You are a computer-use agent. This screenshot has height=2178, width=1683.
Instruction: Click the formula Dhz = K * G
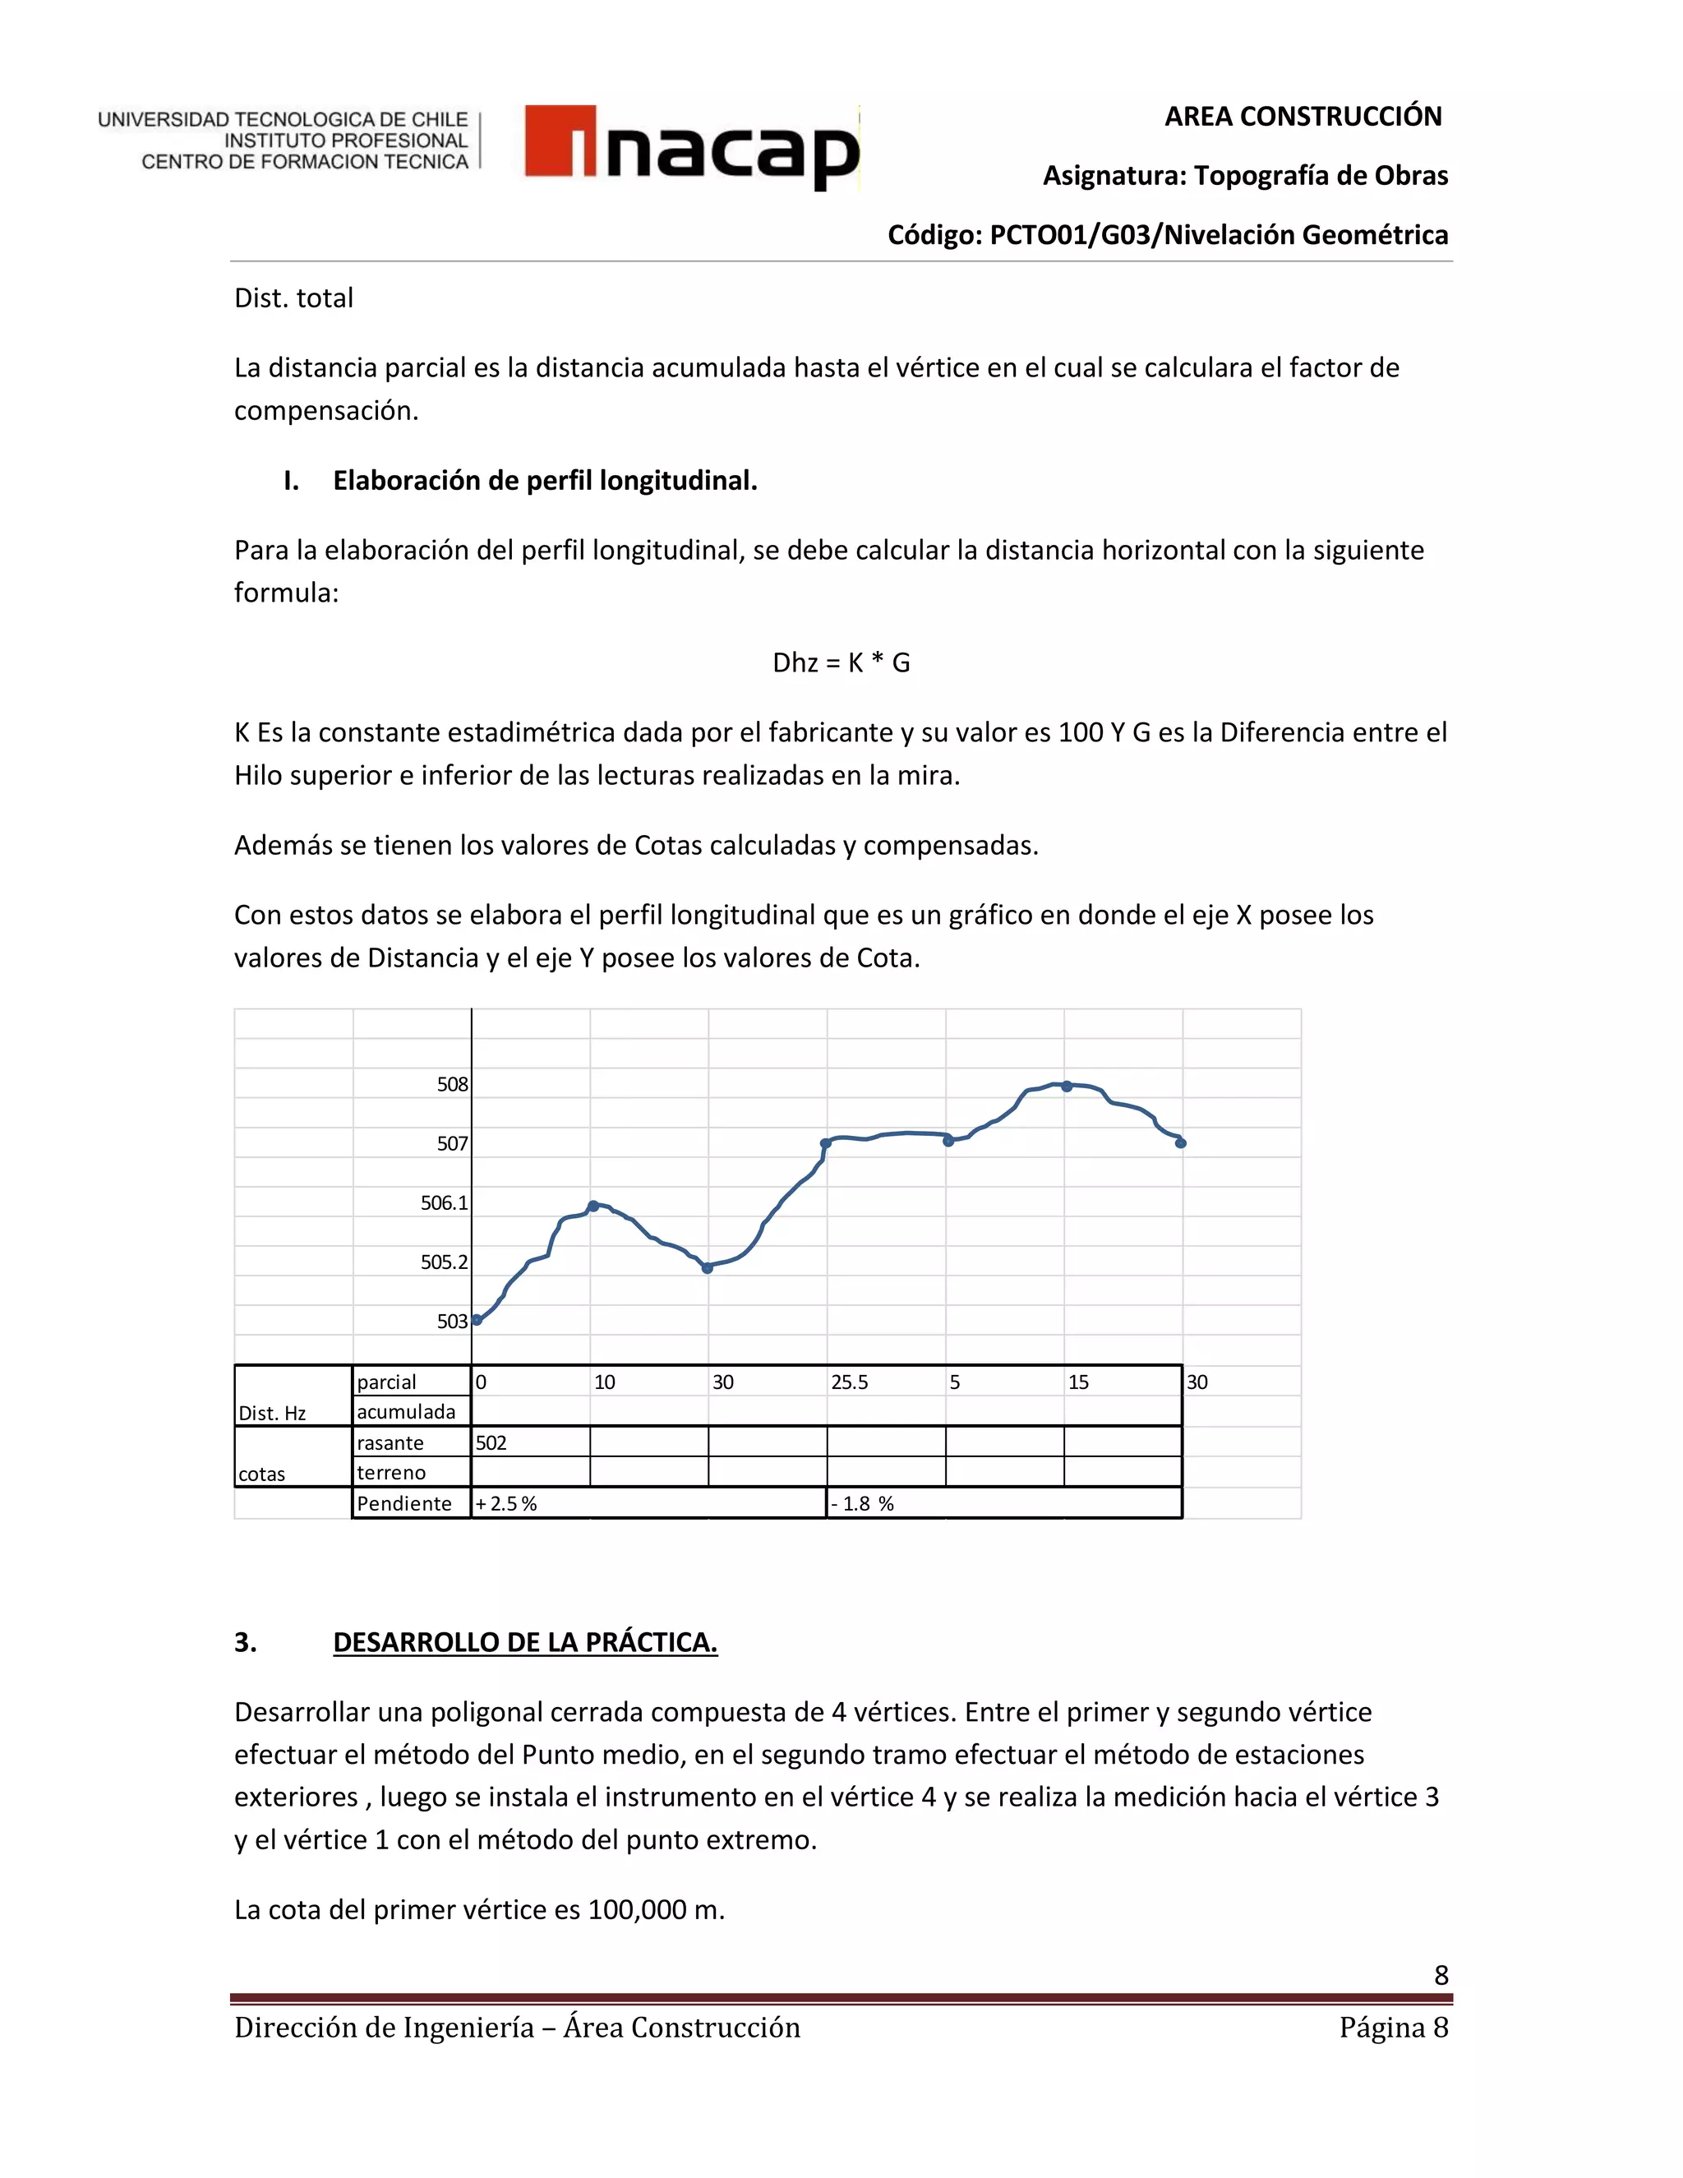[x=841, y=663]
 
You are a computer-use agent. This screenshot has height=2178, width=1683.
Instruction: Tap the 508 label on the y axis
[x=452, y=1084]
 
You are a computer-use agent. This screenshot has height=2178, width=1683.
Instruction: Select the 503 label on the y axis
[x=452, y=1322]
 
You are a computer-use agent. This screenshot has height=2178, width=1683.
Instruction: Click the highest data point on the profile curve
[x=1067, y=1086]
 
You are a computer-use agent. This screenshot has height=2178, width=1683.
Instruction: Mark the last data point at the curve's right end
[x=1181, y=1143]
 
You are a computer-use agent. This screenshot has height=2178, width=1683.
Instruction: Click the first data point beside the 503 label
[x=477, y=1319]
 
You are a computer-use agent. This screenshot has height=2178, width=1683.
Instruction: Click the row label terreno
[x=391, y=1473]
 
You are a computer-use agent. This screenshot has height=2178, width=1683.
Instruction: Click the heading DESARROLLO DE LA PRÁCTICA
[x=524, y=1642]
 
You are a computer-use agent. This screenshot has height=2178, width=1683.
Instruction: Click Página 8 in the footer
[x=1393, y=2028]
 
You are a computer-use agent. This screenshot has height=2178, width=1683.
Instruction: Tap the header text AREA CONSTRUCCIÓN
[x=1303, y=117]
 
